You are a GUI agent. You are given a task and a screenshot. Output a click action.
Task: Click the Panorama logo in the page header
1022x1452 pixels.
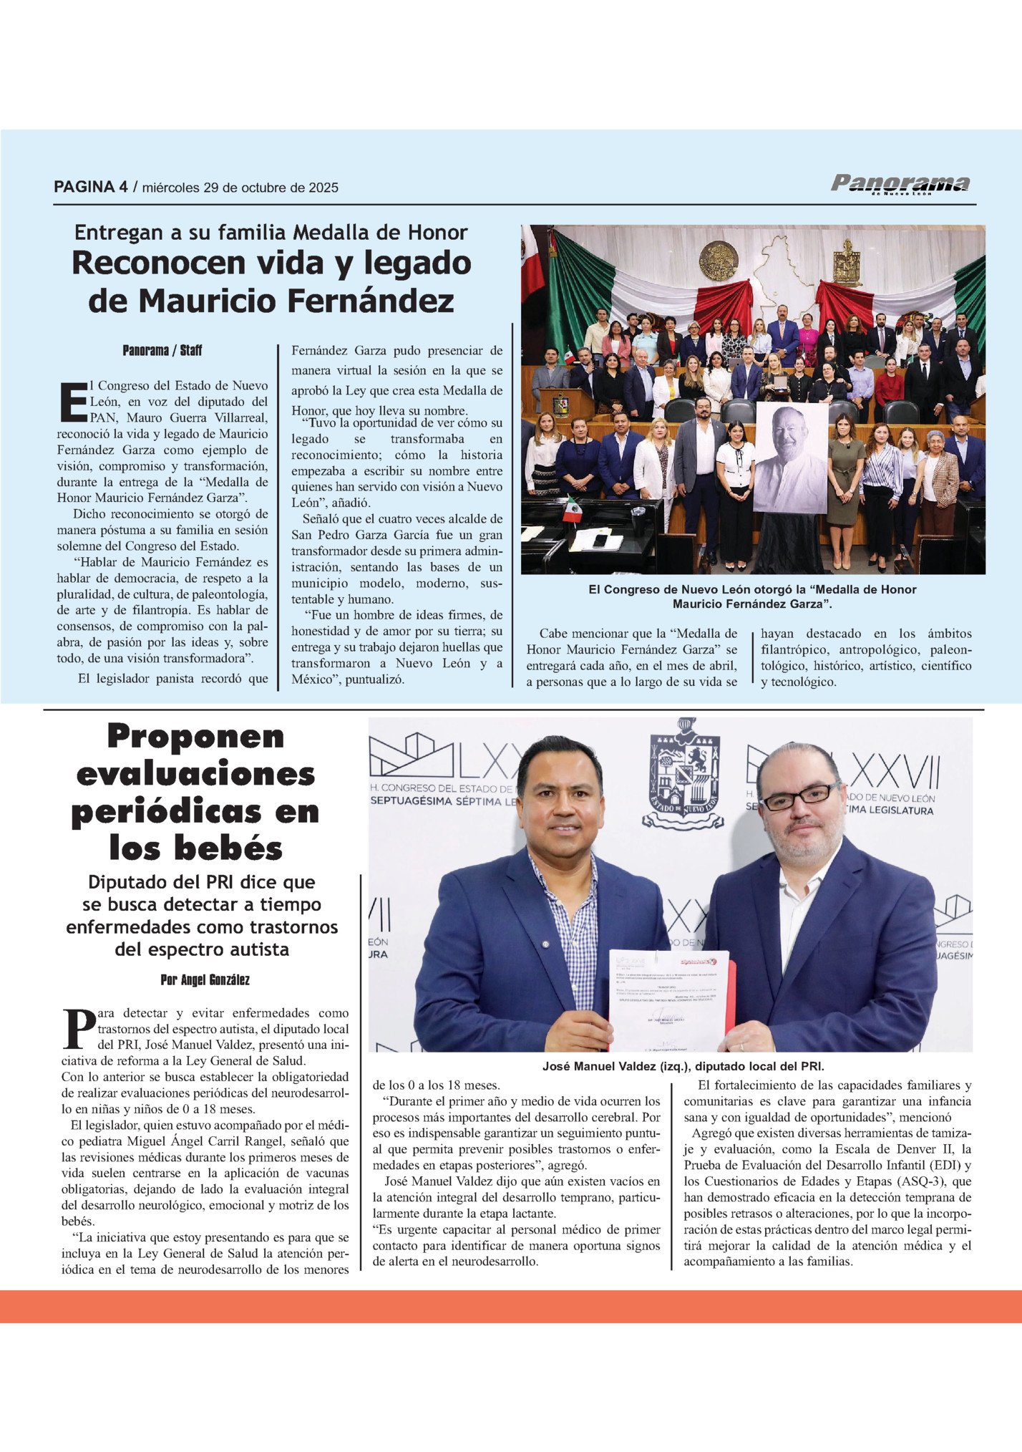[x=900, y=185]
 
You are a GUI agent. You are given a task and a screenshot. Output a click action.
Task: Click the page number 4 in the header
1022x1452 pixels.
[x=123, y=188]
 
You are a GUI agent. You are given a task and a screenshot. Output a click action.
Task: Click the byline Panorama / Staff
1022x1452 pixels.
[x=162, y=350]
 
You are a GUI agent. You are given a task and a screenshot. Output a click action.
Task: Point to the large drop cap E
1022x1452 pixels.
[x=72, y=402]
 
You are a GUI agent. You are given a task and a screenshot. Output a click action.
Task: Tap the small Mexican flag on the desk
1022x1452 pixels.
[x=571, y=510]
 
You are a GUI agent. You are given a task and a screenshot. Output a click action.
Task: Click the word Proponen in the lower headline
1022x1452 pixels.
[x=195, y=736]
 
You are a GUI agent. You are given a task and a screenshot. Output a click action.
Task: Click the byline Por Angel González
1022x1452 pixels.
[x=205, y=980]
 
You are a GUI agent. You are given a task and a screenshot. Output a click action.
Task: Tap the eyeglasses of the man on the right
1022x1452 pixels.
[x=800, y=795]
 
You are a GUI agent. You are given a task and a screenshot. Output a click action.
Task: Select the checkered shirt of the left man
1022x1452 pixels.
[x=572, y=924]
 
